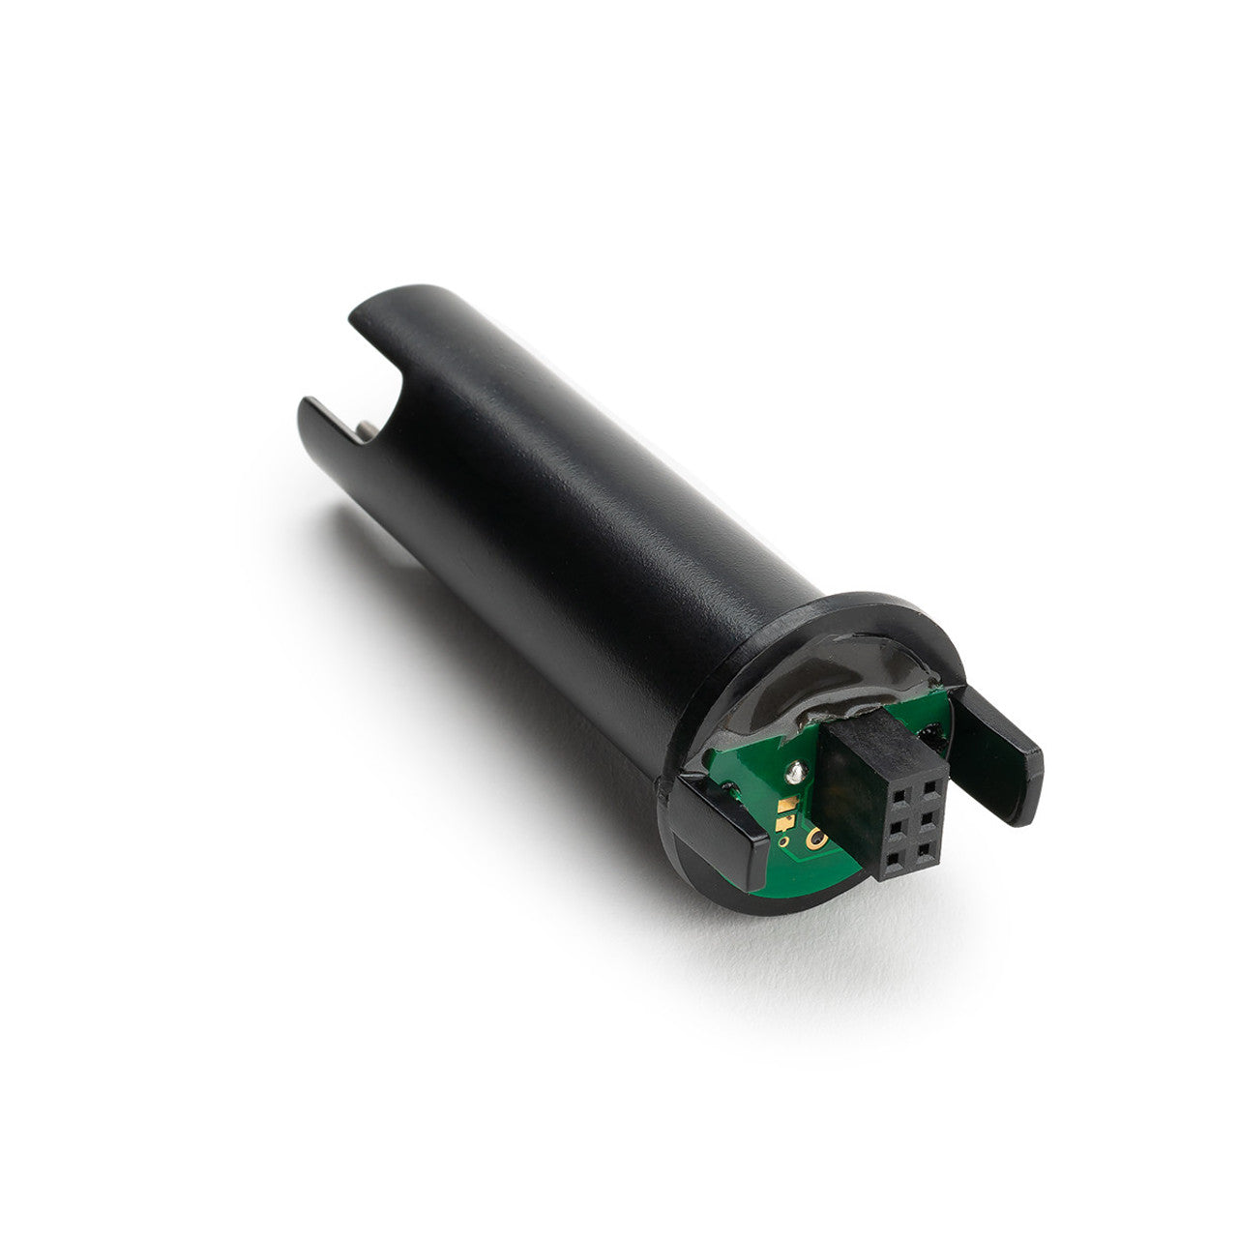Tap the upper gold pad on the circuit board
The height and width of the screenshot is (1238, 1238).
pos(785,804)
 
